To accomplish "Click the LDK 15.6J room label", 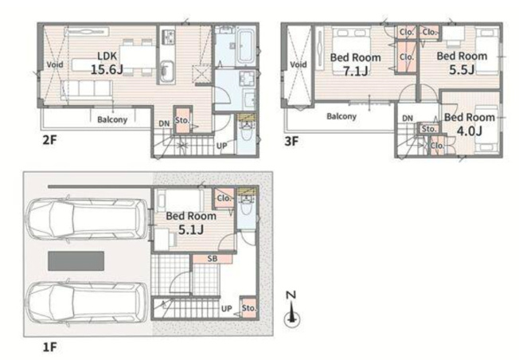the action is tap(107, 63).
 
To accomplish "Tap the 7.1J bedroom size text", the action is tap(356, 71).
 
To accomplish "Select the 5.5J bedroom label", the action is tap(462, 63).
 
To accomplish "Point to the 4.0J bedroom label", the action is tap(470, 124).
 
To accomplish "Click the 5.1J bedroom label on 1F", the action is tap(191, 223).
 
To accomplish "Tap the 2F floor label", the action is tap(49, 140).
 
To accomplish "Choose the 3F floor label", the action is tap(291, 142).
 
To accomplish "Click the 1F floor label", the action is tap(49, 347).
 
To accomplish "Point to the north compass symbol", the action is tap(291, 310).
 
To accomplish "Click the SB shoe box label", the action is tap(213, 259).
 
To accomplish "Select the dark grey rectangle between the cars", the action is tap(76, 261).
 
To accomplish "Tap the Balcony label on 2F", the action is tap(112, 119).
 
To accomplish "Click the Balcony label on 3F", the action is tap(341, 116).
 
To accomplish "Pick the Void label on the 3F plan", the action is tap(298, 65).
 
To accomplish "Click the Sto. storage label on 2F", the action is tap(182, 120).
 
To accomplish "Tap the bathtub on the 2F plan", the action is tap(246, 47).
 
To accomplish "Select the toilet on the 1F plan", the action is tap(247, 208).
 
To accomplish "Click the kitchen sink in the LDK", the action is tap(167, 72).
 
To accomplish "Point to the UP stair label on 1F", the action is tap(226, 309).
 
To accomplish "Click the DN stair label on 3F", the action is tap(408, 118).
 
